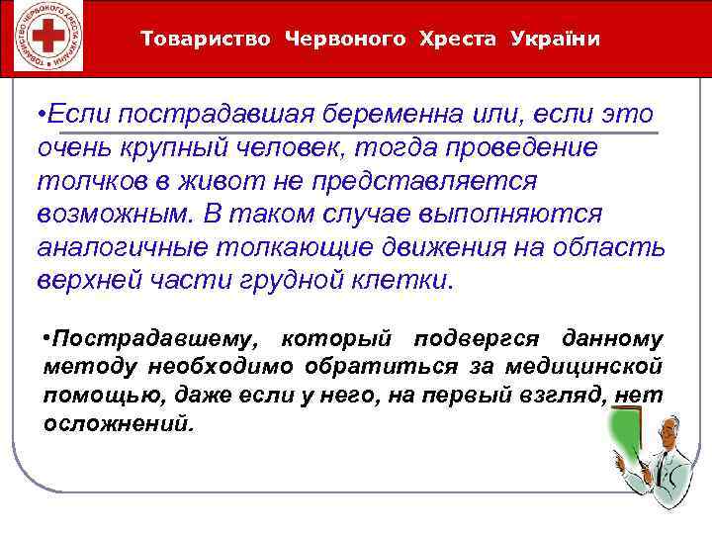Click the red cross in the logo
(43, 39)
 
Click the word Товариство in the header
(206, 40)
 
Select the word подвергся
(476, 340)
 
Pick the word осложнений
(120, 423)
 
